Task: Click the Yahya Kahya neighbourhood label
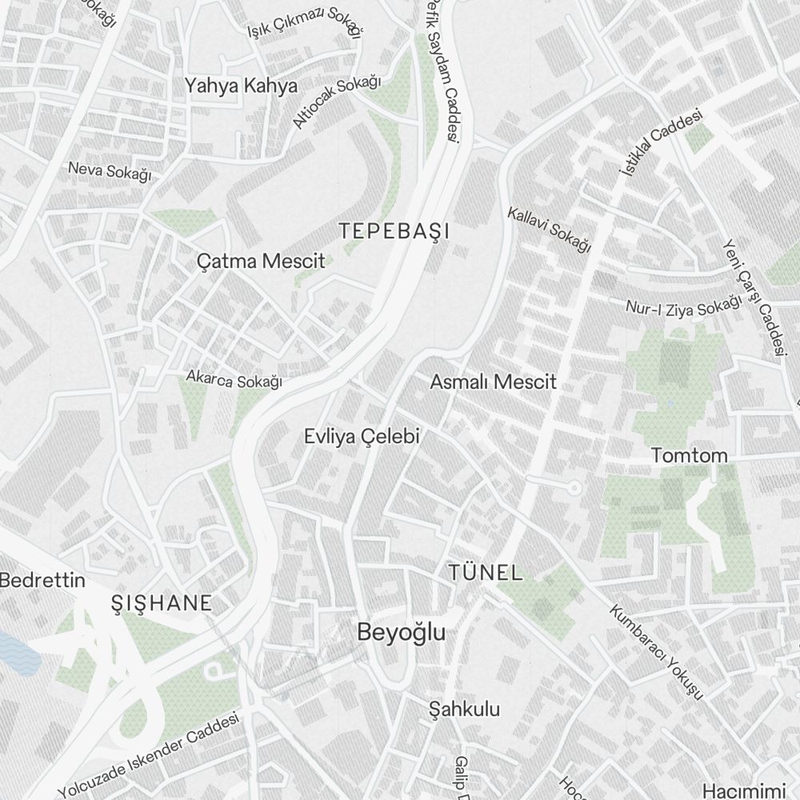pos(241,86)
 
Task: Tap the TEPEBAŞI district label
pos(394,232)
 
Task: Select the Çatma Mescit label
pos(261,261)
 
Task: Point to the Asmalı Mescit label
pos(493,382)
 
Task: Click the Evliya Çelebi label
pos(362,437)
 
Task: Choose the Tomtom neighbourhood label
pos(689,456)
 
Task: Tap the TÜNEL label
pos(486,573)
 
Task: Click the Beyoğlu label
pos(401,632)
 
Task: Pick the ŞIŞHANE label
pos(162,603)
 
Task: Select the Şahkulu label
pos(464,709)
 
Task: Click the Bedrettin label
pos(42,581)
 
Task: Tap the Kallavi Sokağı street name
pos(549,230)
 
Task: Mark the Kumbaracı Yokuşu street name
pos(656,651)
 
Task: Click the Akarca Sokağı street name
pos(234,378)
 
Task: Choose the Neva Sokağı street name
pos(110,170)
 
